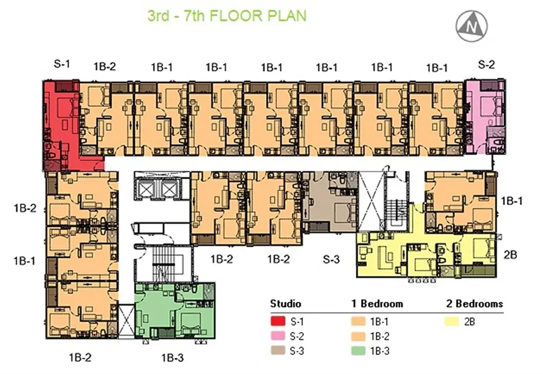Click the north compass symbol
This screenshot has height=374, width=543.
(471, 26)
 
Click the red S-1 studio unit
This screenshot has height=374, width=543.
(62, 125)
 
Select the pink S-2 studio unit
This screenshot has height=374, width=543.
(485, 116)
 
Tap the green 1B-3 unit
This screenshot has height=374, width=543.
(174, 310)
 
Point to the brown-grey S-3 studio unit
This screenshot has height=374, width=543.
(330, 202)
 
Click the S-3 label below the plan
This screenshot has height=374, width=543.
(331, 259)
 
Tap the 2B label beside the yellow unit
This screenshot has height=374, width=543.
(510, 255)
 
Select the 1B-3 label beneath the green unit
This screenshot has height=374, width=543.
(172, 357)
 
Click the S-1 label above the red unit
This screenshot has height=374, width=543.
(62, 64)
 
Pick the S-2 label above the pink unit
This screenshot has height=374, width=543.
(486, 65)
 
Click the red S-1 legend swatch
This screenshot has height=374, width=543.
(277, 321)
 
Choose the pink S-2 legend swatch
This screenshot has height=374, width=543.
(277, 336)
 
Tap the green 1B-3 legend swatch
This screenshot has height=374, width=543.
(358, 351)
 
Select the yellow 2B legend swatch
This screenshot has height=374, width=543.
(452, 321)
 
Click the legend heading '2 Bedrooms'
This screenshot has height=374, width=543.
(475, 303)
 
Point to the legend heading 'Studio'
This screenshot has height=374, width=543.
(286, 303)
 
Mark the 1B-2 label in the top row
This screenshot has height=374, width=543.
(105, 66)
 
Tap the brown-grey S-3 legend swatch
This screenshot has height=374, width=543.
(277, 351)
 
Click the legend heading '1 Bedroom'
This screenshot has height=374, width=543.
(377, 303)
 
